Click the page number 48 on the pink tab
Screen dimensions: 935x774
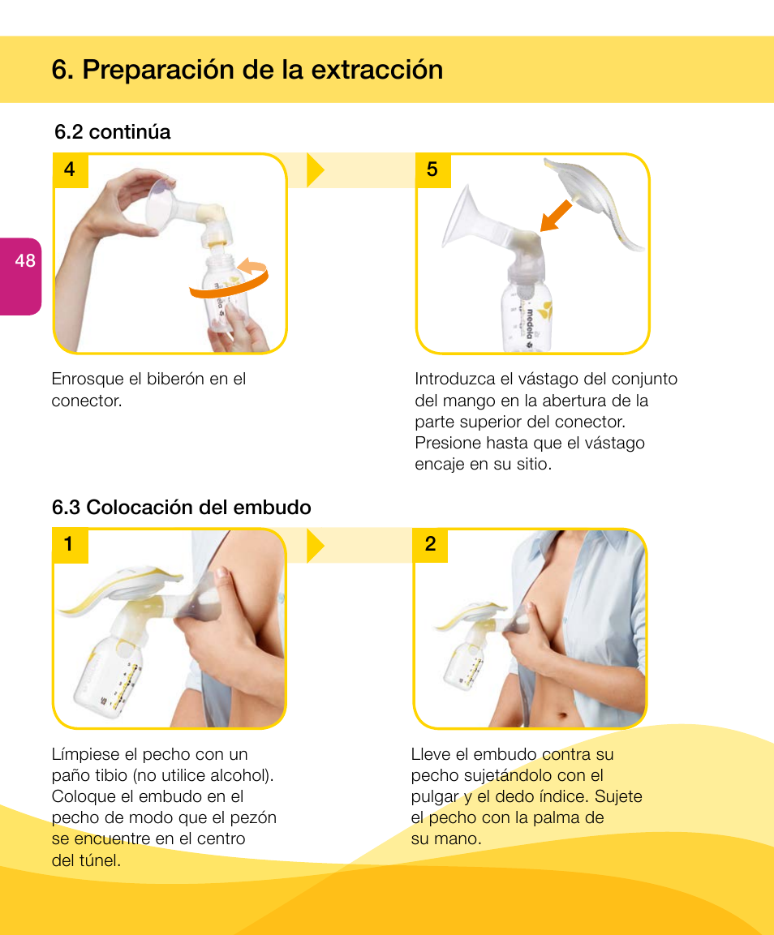tap(25, 260)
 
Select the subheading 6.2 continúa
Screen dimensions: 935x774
tap(112, 132)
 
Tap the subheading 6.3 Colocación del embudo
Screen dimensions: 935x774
tap(181, 508)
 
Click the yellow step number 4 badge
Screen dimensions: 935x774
tap(70, 169)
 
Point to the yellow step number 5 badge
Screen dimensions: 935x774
tap(432, 169)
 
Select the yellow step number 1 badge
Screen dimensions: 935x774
tap(70, 545)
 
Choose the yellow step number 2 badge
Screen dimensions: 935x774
tap(431, 545)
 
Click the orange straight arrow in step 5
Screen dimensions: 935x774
tap(556, 216)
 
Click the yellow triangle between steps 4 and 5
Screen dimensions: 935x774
tap(316, 170)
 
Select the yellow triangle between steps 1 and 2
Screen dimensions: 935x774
tap(316, 546)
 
